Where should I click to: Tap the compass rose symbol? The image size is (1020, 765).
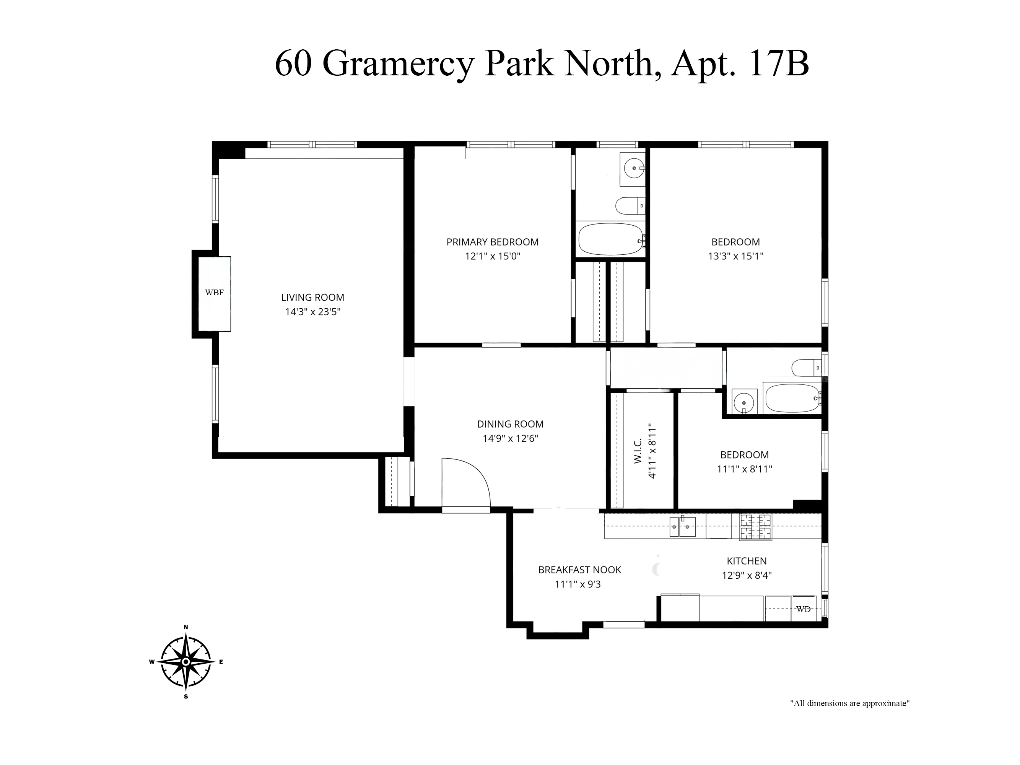point(186,662)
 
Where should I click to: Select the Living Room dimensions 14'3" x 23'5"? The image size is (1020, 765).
point(312,312)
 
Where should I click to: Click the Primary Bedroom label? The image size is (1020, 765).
point(493,242)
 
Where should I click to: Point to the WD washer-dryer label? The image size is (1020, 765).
point(803,609)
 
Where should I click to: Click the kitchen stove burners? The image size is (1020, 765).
point(756,527)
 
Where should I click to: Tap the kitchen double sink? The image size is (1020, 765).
point(682,527)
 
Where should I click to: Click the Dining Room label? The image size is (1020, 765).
point(510,424)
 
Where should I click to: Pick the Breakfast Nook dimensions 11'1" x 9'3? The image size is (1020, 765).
point(578,584)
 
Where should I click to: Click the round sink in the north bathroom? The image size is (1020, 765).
point(634,168)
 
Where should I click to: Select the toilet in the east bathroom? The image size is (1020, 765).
point(807,368)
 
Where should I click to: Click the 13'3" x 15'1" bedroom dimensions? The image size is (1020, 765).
point(735,256)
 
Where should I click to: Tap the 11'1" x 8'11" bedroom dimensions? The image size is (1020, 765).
point(744,469)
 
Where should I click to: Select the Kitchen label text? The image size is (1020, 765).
point(747,561)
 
